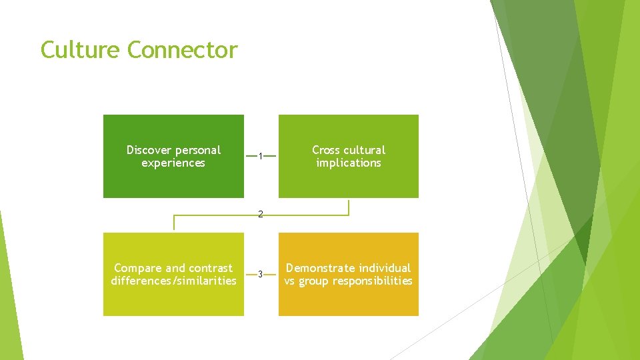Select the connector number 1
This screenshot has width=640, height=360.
click(261, 157)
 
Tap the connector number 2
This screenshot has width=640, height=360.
click(261, 215)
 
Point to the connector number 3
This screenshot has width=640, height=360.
click(261, 274)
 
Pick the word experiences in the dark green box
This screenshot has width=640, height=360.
click(173, 163)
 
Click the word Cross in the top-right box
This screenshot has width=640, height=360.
click(326, 150)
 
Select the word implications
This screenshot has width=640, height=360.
click(349, 163)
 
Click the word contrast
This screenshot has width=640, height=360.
click(211, 268)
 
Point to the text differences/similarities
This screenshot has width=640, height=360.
click(173, 281)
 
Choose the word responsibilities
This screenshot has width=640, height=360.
click(374, 281)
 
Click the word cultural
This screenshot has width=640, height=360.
click(364, 150)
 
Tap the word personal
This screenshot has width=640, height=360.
click(198, 150)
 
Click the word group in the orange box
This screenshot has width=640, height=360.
click(314, 281)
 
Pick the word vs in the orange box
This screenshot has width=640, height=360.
click(290, 281)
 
